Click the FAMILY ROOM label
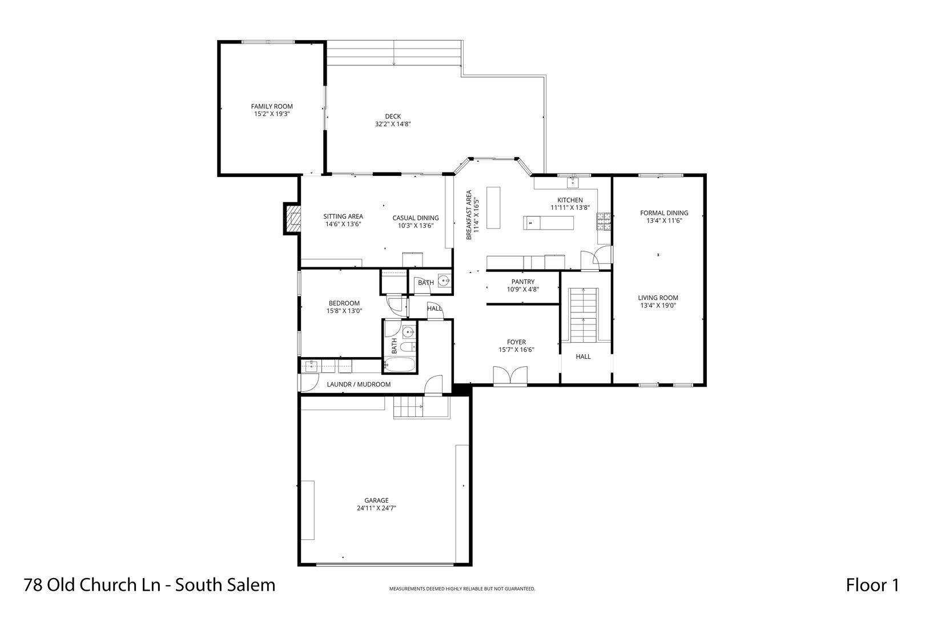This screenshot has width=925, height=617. coord(272,107)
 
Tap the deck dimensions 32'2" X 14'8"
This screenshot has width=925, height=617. coord(393,124)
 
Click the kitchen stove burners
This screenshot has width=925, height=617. coord(604,222)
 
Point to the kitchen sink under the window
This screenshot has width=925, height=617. coord(574,181)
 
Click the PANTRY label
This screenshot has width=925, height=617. coord(523,282)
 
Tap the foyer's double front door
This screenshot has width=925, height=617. coord(510,376)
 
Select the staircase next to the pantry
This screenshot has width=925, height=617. coord(584,315)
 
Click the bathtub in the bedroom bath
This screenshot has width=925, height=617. coord(399,364)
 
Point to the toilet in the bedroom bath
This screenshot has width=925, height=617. coord(408,346)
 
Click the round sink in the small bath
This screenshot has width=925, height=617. coord(444,281)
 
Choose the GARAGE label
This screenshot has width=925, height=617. coord(376,500)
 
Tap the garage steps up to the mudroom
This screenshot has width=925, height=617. coord(408,407)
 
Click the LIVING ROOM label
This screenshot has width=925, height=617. coord(658,298)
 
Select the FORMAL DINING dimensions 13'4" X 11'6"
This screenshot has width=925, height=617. coord(664,221)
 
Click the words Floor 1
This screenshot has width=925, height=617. coord(872,585)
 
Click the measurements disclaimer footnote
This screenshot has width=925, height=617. coord(462,589)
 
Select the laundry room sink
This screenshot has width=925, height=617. coord(311,366)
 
